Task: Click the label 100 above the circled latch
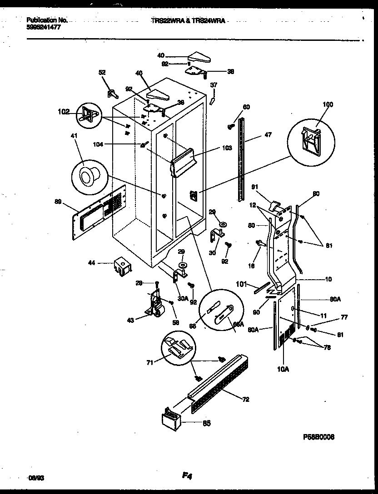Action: pos(328,104)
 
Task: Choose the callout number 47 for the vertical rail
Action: pos(268,135)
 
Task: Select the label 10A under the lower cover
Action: pos(283,370)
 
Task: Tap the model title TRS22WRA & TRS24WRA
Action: pos(188,21)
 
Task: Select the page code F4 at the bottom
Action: pos(187,476)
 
